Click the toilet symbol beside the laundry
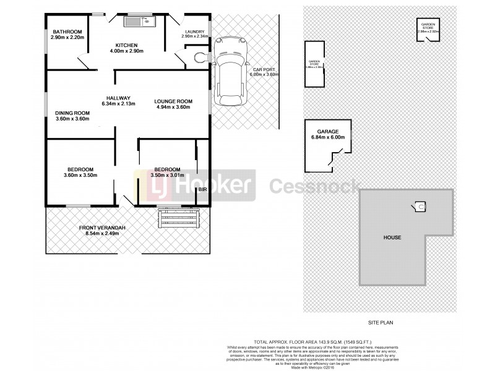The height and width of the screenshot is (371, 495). coord(199,58)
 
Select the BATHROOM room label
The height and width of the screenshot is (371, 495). coord(66,32)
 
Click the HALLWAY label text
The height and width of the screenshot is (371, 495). coord(117,98)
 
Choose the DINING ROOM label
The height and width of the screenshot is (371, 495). coord(72,113)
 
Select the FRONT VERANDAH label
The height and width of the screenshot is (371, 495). coord(103,228)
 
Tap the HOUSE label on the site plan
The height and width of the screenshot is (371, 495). coord(392,237)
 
